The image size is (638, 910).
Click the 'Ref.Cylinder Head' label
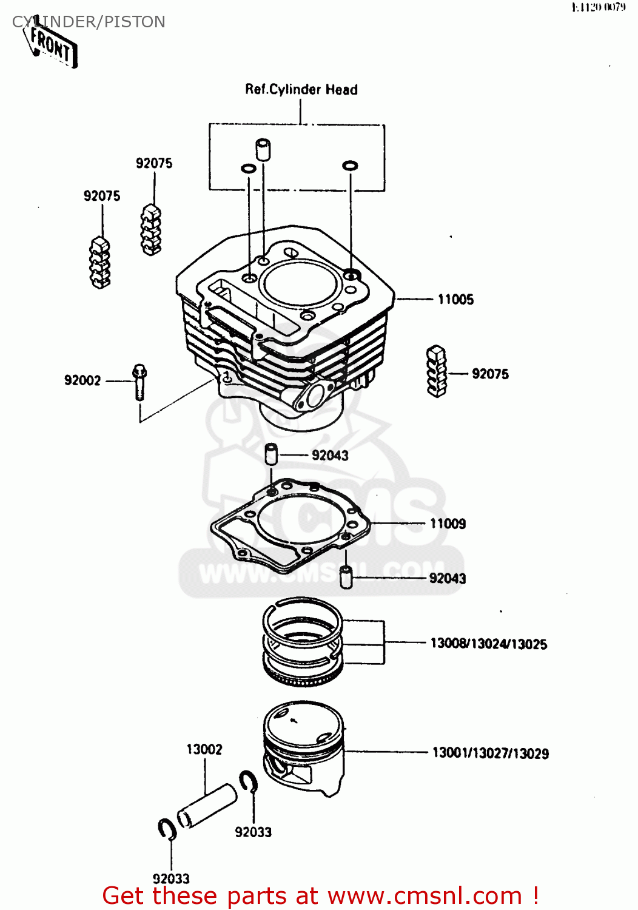tap(301, 90)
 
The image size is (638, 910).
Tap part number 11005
tap(455, 299)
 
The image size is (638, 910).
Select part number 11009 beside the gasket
tap(448, 524)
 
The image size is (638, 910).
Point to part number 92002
tap(82, 380)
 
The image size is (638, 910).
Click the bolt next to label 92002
tap(139, 381)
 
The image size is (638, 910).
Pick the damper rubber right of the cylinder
tap(437, 371)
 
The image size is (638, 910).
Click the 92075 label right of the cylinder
tap(490, 374)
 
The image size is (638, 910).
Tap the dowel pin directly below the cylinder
tap(271, 454)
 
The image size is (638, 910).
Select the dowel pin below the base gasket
tap(346, 577)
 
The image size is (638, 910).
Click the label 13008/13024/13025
tap(488, 644)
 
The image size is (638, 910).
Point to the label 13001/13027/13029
tap(490, 753)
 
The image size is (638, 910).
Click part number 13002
tap(204, 749)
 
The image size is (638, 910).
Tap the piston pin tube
tap(206, 806)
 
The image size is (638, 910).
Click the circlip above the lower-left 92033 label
tap(167, 829)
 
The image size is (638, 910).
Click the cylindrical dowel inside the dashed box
tap(263, 149)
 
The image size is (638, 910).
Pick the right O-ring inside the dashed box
tap(350, 165)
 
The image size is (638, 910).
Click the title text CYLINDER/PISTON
tap(89, 22)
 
